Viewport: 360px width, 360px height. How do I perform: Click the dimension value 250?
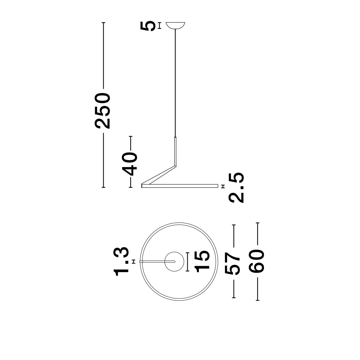tap(103, 111)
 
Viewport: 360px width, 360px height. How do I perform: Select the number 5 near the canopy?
tap(148, 26)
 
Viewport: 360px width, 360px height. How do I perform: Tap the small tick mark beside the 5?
tap(159, 25)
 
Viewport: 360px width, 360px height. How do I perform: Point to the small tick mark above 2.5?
tap(222, 186)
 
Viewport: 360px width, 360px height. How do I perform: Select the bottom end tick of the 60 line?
tap(257, 300)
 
